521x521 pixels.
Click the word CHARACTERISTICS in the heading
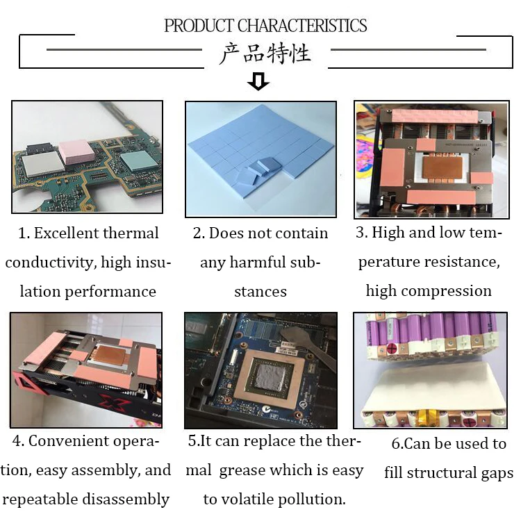tap(302, 26)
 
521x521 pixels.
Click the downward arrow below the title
tap(258, 82)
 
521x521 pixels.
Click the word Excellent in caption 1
tap(67, 233)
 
